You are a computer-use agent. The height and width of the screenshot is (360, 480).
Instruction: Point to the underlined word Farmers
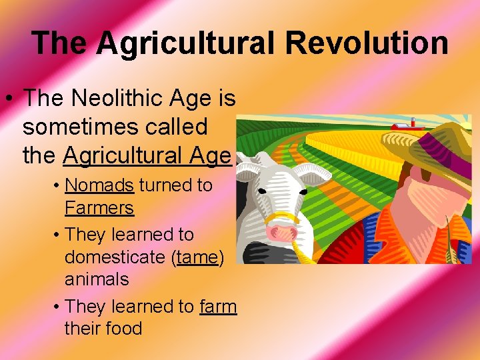[99, 208]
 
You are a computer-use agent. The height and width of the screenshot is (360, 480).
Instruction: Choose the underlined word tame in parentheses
[195, 257]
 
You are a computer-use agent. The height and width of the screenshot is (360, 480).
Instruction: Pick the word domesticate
[114, 257]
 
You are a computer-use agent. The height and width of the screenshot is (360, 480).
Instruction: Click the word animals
[97, 279]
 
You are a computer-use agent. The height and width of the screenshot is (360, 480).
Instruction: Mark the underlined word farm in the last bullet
[218, 306]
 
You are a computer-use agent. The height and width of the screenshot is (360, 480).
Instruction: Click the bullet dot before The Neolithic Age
[11, 100]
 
